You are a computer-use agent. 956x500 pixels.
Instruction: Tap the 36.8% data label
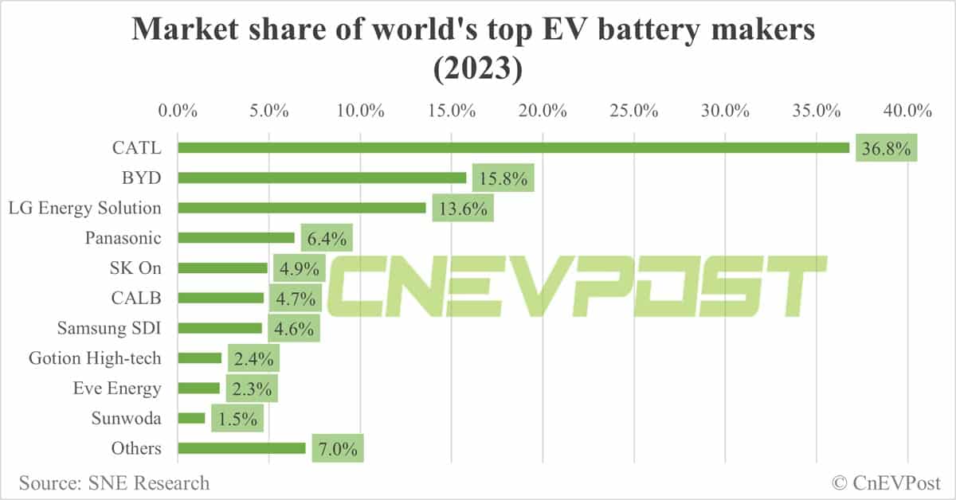(x=886, y=148)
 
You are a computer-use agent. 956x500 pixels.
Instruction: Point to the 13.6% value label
(x=462, y=208)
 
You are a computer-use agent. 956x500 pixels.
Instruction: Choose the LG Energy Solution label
(x=84, y=208)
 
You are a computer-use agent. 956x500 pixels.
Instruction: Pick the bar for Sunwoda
(x=191, y=418)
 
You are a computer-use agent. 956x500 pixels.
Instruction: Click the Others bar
(x=241, y=448)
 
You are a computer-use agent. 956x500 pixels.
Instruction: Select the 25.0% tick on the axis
(x=633, y=110)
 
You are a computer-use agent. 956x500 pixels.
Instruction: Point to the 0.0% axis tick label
(x=178, y=110)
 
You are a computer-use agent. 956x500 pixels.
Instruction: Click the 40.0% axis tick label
(x=907, y=110)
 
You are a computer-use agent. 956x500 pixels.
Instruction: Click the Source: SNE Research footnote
(x=114, y=482)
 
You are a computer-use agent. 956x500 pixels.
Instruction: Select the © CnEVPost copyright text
(x=886, y=482)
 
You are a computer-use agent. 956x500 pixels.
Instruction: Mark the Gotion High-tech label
(x=95, y=358)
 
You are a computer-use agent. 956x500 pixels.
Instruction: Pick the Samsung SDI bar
(x=220, y=328)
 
